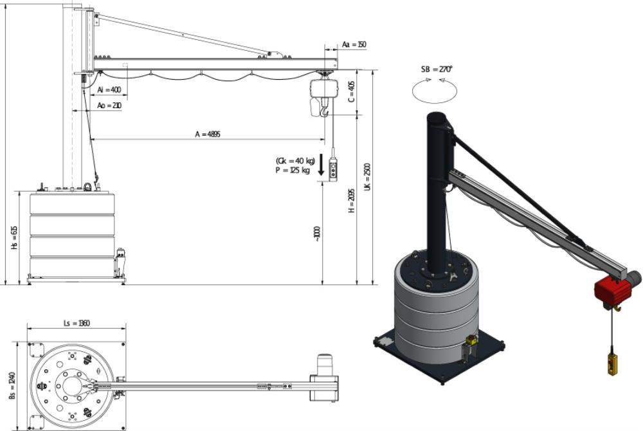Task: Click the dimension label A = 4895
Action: [208, 134]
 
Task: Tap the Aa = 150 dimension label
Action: [354, 44]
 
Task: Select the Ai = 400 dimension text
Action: [109, 89]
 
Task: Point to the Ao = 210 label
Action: [109, 105]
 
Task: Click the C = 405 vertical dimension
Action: [351, 91]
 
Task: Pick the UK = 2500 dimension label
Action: [367, 177]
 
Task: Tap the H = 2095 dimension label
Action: [352, 201]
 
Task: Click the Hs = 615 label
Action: [14, 238]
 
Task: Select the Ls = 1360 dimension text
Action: [77, 323]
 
